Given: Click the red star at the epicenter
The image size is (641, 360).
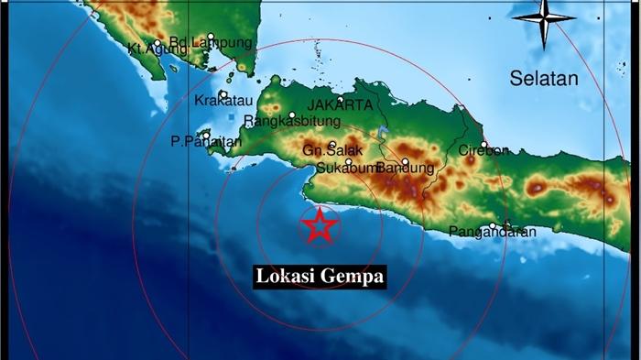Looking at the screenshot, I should coord(320,225).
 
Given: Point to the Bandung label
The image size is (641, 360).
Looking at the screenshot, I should coord(404,168).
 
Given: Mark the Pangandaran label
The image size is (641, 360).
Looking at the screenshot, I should coord(492,232).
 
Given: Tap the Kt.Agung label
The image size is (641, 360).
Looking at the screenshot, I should coord(150,49).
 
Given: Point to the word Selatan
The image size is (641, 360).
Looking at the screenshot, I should coord(544,80).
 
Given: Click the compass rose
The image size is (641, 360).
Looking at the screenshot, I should coord(543,20).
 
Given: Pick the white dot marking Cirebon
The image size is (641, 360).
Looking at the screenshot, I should coord(483,144).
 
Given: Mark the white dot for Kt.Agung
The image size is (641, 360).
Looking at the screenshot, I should coord(157,42).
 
